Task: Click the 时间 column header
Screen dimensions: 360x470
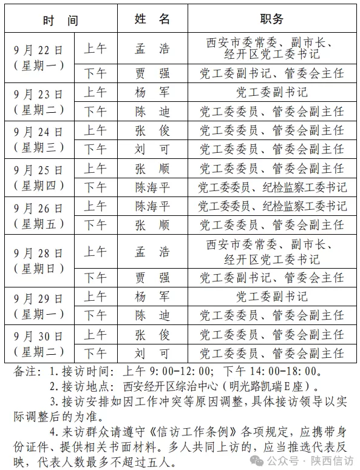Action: [x=60, y=20]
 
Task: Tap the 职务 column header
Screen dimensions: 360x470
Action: [x=272, y=19]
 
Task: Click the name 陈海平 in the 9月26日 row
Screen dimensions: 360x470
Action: [x=152, y=206]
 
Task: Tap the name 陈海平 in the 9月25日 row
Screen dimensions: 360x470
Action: [x=152, y=187]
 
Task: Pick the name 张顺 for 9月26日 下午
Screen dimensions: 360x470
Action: [x=152, y=225]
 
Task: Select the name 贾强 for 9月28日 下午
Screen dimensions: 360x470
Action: [x=152, y=278]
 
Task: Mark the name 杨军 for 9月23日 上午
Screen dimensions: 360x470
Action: [x=152, y=93]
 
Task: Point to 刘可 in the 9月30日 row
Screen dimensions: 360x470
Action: [x=152, y=354]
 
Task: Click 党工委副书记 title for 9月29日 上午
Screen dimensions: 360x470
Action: [x=272, y=297]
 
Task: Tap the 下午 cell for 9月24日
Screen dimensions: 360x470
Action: [x=95, y=149]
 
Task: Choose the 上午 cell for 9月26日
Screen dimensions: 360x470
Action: [x=95, y=206]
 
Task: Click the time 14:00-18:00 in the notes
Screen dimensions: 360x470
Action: [x=282, y=371]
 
